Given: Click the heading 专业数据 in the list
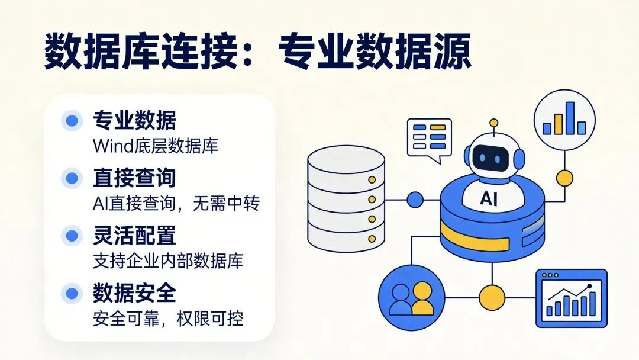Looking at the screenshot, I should [134, 121].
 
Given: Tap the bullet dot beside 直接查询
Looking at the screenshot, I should [72, 178].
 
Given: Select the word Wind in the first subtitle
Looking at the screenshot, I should [110, 146].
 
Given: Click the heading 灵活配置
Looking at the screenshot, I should [134, 235].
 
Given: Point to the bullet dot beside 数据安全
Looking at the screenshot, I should [72, 292].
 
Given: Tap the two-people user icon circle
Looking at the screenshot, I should [411, 298].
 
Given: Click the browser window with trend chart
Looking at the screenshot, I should [571, 298].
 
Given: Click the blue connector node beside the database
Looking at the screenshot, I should [415, 200].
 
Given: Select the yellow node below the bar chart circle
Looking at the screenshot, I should [564, 176].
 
